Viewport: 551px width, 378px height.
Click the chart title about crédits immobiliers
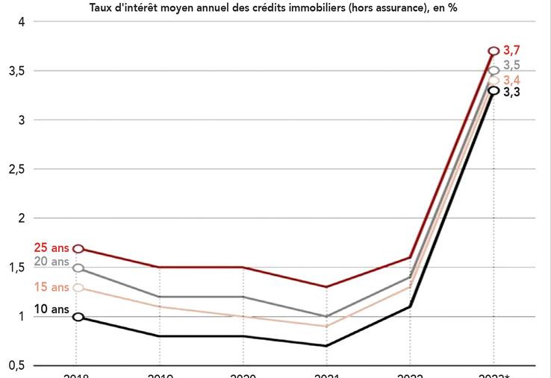(273, 7)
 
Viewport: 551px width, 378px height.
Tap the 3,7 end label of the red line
(511, 50)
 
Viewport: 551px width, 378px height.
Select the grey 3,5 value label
(511, 66)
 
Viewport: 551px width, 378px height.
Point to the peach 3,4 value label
(511, 80)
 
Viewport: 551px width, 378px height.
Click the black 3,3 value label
(511, 93)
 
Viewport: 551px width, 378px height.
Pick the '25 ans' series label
(51, 248)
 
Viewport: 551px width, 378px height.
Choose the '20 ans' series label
(51, 262)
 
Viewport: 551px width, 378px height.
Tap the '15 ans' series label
(51, 287)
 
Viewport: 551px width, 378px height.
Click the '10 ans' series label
(51, 309)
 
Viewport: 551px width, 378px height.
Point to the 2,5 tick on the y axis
(17, 169)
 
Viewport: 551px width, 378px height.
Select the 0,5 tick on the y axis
(17, 365)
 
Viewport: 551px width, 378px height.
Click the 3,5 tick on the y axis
(17, 71)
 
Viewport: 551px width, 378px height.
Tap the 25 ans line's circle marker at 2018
(78, 248)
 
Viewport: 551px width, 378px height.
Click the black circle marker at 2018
(78, 317)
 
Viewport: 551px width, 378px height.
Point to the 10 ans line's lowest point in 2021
(326, 346)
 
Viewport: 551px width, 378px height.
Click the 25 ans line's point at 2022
(410, 258)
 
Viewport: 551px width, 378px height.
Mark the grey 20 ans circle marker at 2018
(78, 268)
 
